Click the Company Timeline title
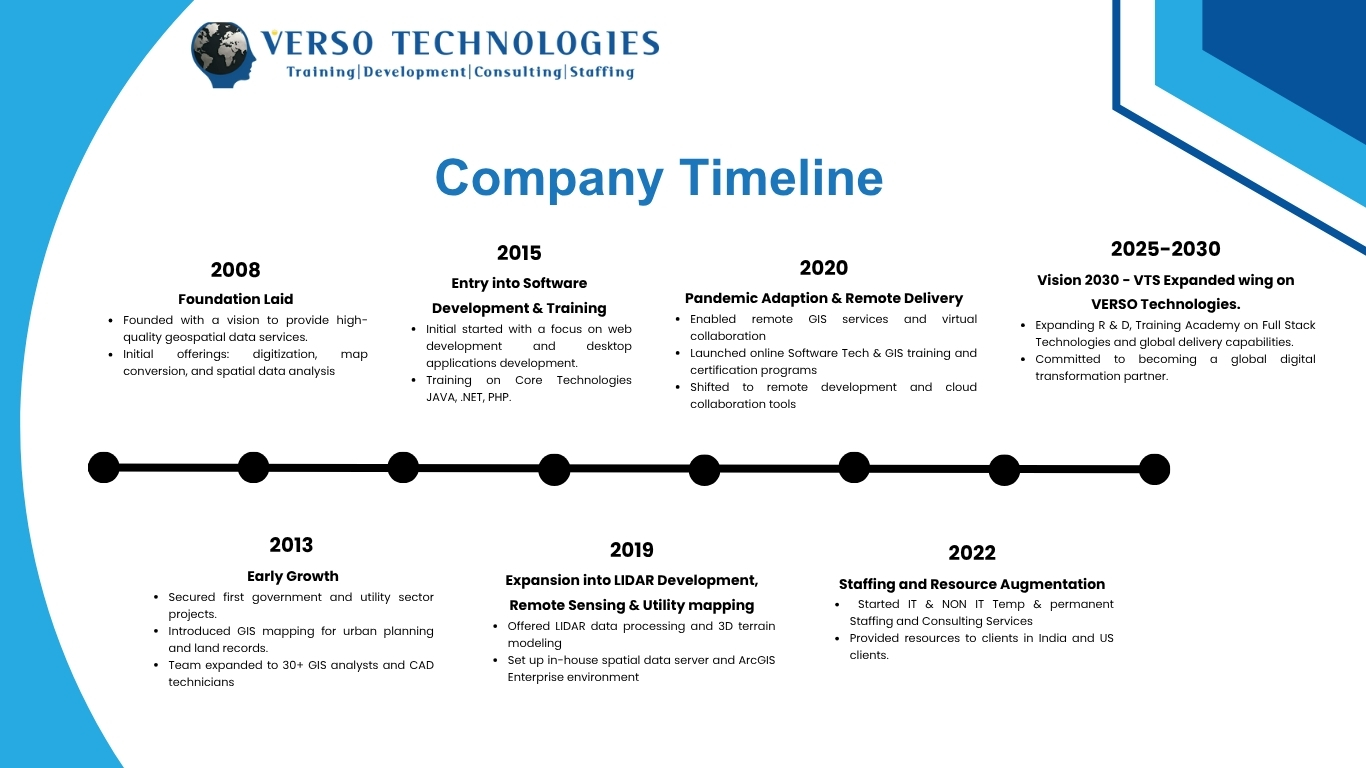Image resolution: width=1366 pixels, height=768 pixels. coord(659,178)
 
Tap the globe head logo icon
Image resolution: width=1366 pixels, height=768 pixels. coord(224,56)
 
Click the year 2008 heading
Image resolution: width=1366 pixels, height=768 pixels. coord(235,270)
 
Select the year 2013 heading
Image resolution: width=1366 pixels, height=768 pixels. coord(291,545)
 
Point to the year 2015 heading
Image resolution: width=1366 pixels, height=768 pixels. coord(519,253)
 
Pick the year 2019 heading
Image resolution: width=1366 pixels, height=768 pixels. coord(631,550)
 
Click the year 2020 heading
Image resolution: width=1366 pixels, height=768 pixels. coord(823,268)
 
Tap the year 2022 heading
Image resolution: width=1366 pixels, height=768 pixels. coord(971,553)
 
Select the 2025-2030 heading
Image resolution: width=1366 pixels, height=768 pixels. coord(1165,249)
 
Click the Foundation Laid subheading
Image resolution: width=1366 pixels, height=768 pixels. coord(235,299)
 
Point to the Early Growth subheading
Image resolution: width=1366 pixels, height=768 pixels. coord(292,576)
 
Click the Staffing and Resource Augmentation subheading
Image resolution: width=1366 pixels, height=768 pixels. coord(971,584)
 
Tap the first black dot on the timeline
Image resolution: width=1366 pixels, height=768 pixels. coord(103,467)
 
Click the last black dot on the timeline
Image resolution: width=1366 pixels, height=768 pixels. coord(1154,469)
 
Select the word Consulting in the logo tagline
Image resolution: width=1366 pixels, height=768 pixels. coord(517,72)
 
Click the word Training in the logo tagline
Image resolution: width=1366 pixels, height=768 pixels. coord(320,72)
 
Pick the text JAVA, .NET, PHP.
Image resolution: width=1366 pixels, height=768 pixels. coord(468,397)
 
